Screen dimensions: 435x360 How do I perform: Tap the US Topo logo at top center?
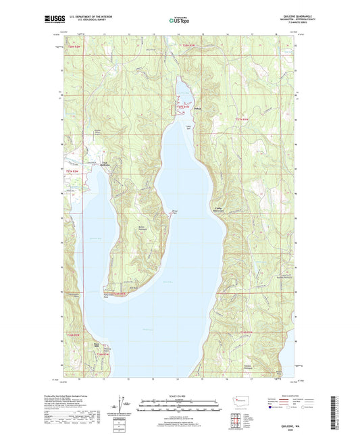pyautogui.click(x=178, y=20)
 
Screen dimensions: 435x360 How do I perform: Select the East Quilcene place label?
pyautogui.click(x=105, y=164)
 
